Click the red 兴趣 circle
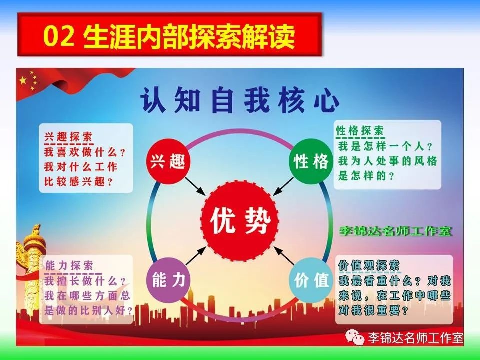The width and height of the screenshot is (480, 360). pos(168,161)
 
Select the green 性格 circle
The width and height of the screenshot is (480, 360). pos(310,160)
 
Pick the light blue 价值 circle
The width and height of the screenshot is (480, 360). pos(311,280)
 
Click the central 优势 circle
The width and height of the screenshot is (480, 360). pos(239,221)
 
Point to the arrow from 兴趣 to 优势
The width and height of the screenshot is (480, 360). pos(195,185)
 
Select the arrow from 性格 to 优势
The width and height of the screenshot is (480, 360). pos(283,186)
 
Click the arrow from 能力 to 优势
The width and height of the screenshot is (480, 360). pos(196,256)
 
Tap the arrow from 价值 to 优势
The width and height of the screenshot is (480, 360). pos(284,255)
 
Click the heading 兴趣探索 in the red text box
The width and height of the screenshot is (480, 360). pos(68,136)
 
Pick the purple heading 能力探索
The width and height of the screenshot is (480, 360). pos(69,265)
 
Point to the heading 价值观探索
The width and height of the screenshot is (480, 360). pos(369,265)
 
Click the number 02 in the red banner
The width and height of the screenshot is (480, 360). pos(59,36)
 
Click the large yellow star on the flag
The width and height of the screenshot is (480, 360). pos(23,81)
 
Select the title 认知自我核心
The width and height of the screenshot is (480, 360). pos(240,100)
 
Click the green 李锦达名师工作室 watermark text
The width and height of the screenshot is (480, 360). pos(395,231)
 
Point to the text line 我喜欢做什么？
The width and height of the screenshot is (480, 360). pos(85,152)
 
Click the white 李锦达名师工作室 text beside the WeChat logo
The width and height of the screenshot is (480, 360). pos(415,338)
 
